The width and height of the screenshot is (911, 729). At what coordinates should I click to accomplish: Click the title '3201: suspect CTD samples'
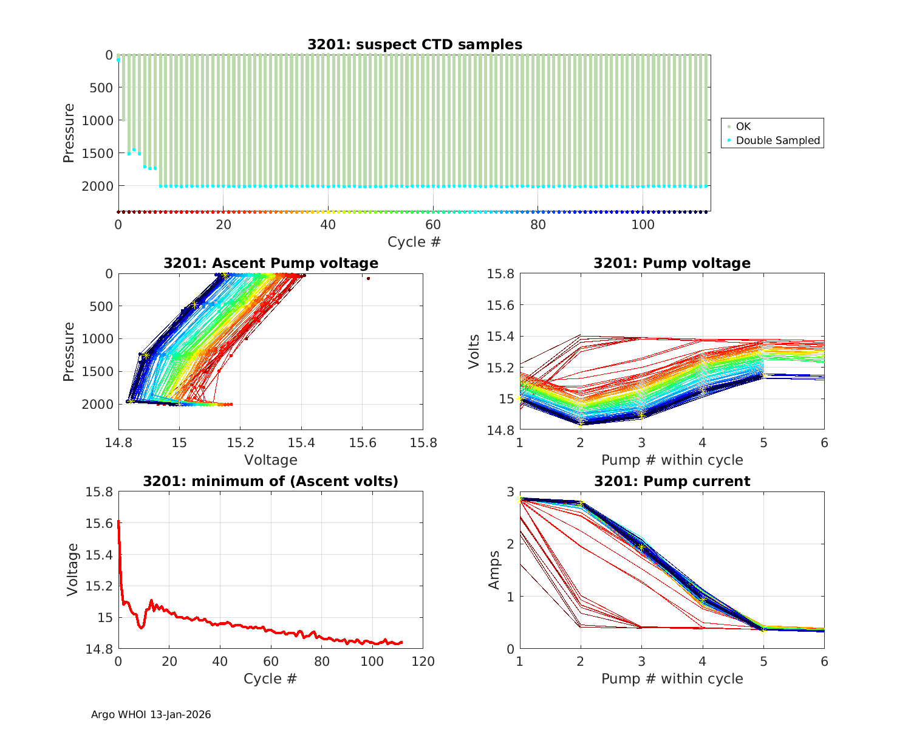(x=414, y=44)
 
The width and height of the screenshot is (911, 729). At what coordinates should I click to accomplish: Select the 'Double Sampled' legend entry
(x=777, y=140)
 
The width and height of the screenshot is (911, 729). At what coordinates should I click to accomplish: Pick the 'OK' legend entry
(x=743, y=126)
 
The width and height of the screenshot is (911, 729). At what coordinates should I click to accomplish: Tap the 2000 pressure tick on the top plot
(x=97, y=186)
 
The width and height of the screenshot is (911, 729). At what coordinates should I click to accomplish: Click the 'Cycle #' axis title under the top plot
(x=414, y=242)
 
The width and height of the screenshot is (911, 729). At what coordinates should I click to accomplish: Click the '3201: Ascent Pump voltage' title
(x=270, y=263)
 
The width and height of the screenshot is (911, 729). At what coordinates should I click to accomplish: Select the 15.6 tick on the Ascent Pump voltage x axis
(x=362, y=443)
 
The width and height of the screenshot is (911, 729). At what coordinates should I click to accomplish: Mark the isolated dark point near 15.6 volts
(x=368, y=278)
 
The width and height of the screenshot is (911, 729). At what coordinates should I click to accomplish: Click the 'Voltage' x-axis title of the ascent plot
(x=270, y=460)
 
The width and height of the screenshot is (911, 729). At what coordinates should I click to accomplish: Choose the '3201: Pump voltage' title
(x=672, y=263)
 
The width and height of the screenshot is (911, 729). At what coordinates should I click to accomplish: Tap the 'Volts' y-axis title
(x=474, y=352)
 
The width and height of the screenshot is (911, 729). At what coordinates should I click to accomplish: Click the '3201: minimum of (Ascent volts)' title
(x=270, y=481)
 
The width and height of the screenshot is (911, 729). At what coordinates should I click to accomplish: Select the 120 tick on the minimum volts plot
(x=423, y=662)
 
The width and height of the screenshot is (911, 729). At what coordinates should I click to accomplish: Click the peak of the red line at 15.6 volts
(x=118, y=521)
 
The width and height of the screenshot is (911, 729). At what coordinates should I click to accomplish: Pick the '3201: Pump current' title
(x=672, y=481)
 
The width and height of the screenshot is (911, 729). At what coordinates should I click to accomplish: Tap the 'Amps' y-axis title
(x=495, y=570)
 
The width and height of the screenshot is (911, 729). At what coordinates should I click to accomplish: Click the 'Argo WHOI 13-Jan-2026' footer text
(x=151, y=714)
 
